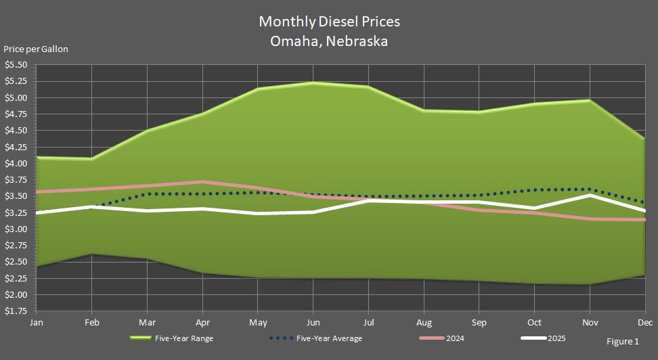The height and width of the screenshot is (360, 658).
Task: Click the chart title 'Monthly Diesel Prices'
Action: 329,21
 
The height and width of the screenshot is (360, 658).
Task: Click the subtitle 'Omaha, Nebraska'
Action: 329,41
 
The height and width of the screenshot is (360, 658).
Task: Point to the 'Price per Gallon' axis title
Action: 36,49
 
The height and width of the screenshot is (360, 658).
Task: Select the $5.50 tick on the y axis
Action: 16,65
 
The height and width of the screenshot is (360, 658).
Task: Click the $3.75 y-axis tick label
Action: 16,180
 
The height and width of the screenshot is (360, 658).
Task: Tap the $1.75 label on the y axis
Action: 16,311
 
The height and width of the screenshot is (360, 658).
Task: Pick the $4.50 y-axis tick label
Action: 16,131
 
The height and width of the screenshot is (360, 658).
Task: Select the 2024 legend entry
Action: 454,338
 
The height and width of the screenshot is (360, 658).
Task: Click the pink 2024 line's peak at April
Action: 202,181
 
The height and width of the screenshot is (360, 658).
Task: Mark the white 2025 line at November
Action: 590,195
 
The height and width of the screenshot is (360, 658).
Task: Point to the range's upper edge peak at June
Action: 313,83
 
